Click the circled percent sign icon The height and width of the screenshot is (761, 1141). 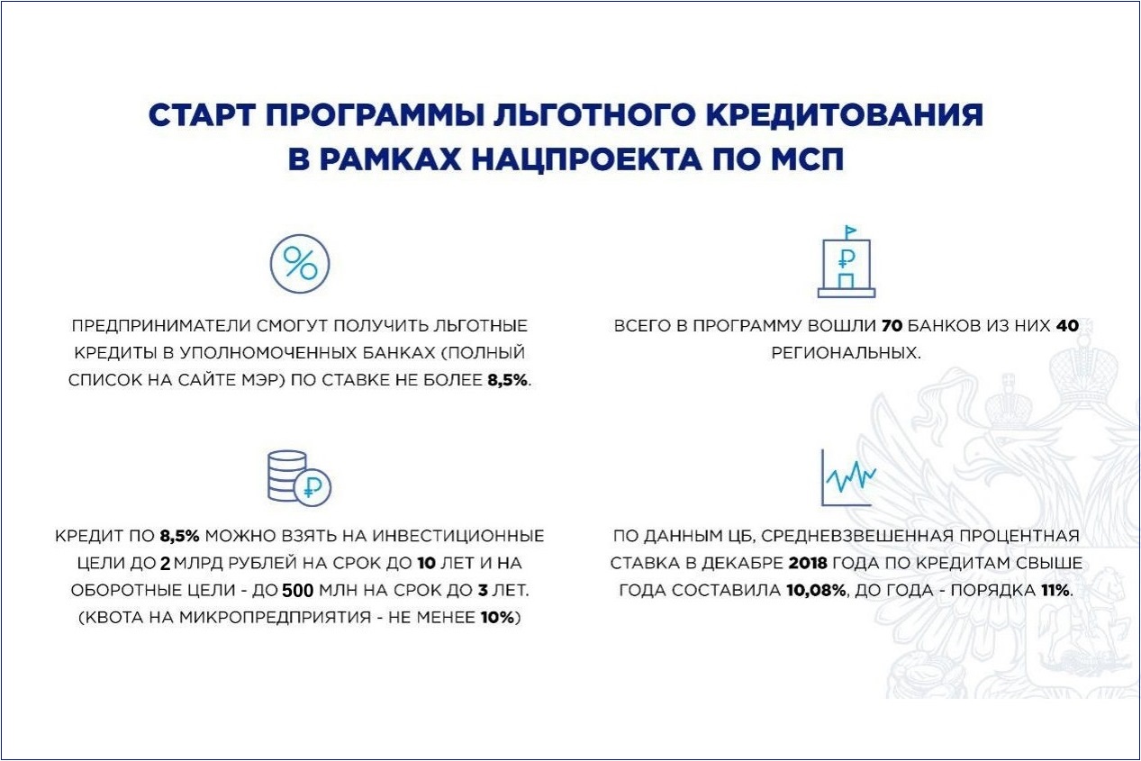point(300,264)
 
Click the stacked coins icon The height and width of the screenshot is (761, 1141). point(289,477)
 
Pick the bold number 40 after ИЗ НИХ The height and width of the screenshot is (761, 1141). point(1066,325)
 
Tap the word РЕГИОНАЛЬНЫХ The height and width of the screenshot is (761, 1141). point(847,352)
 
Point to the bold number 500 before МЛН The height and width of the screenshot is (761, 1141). point(297,592)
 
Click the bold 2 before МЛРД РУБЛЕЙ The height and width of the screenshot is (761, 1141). point(165,564)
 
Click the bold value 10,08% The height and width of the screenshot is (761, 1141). point(820,591)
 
